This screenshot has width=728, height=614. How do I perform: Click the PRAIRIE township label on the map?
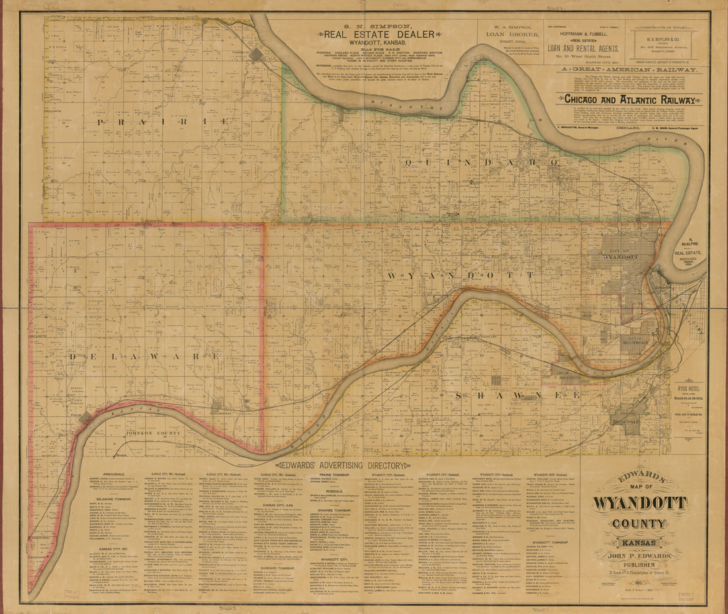(163, 122)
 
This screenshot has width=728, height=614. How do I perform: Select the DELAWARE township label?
(144, 356)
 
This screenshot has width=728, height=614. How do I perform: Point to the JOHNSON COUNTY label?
(152, 433)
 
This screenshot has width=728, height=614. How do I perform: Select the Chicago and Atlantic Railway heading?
(629, 99)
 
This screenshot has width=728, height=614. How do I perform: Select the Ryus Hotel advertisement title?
(688, 390)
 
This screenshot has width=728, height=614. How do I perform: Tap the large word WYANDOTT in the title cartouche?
(639, 503)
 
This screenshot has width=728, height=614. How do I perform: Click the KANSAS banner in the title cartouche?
(639, 543)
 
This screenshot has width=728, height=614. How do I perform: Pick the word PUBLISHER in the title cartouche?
(639, 565)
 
